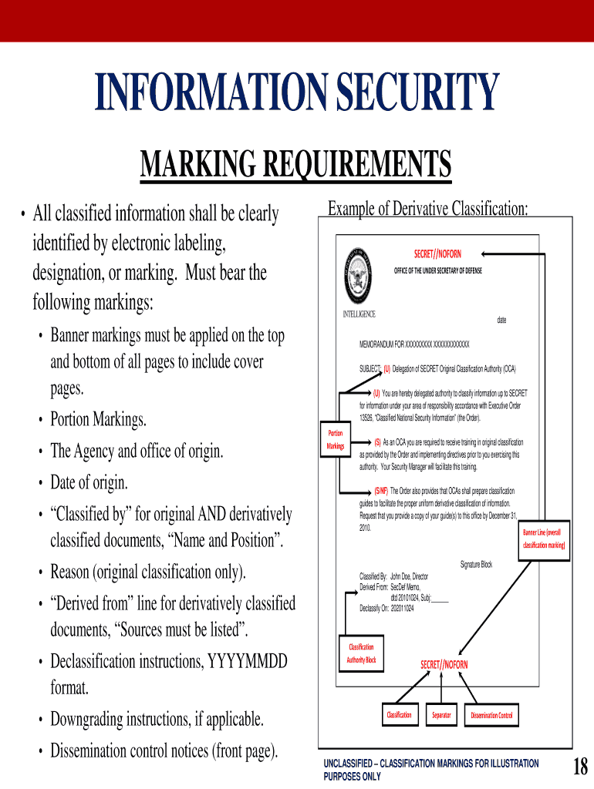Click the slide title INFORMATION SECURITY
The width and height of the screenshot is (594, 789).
pyautogui.click(x=297, y=93)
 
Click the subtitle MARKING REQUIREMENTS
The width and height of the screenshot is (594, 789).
pyautogui.click(x=295, y=165)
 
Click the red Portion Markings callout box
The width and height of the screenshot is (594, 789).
pyautogui.click(x=335, y=440)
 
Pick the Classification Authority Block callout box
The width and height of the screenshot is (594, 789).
pyautogui.click(x=361, y=653)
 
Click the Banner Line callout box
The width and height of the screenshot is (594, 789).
pyautogui.click(x=545, y=539)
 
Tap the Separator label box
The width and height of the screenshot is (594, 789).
pyautogui.click(x=441, y=715)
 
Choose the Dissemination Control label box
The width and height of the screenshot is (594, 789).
pyautogui.click(x=491, y=716)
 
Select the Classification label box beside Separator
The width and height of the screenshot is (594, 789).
pyautogui.click(x=399, y=715)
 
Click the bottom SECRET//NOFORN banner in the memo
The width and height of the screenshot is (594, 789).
pyautogui.click(x=444, y=664)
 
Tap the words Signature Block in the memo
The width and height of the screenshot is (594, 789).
pyautogui.click(x=476, y=565)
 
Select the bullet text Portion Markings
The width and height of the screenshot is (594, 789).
pyautogui.click(x=98, y=420)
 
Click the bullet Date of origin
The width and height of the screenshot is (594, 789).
pyautogui.click(x=89, y=483)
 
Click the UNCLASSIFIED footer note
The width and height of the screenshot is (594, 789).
pyautogui.click(x=431, y=769)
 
